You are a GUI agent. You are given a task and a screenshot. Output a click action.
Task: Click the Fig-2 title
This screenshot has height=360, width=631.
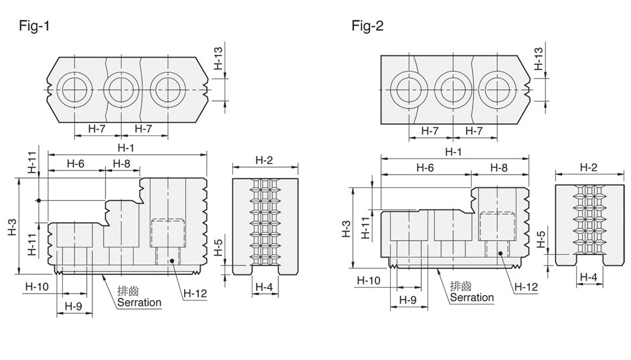pyautogui.click(x=367, y=26)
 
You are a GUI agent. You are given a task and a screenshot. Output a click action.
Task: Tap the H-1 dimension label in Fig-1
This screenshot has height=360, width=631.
pyautogui.click(x=123, y=148)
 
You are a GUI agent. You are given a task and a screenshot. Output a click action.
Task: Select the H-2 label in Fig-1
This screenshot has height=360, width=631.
pyautogui.click(x=264, y=161)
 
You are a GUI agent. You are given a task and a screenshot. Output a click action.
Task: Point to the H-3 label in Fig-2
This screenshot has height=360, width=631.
pyautogui.click(x=346, y=230)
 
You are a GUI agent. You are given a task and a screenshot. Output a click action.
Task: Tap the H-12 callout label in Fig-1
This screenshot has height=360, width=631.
pyautogui.click(x=195, y=292)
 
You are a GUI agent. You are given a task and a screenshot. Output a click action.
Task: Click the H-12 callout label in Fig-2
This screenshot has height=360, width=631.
pyautogui.click(x=527, y=286)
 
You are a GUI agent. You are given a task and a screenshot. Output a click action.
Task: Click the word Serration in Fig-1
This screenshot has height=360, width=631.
pyautogui.click(x=139, y=302)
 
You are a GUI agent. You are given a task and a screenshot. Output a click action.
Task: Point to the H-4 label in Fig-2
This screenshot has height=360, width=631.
pyautogui.click(x=588, y=276)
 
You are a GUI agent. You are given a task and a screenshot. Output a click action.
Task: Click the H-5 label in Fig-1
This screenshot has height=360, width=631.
pyautogui.click(x=219, y=248)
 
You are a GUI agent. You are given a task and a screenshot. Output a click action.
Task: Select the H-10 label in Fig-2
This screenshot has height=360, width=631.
pyautogui.click(x=368, y=280)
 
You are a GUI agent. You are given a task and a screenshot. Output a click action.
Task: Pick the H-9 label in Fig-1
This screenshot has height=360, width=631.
pyautogui.click(x=74, y=306)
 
